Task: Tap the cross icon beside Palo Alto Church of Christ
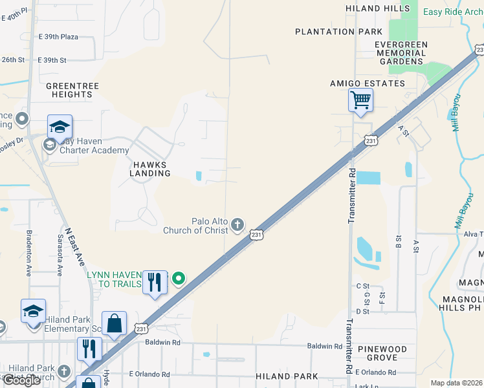click(238, 224)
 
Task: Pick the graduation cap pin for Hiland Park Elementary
click(33, 311)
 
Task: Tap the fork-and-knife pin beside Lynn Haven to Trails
click(155, 283)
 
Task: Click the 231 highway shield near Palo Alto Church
click(257, 235)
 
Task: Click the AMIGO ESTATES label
click(368, 83)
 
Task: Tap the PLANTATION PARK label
click(334, 32)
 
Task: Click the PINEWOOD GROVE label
click(387, 353)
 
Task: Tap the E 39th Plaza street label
click(58, 37)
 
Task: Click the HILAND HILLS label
click(378, 8)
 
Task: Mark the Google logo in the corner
click(21, 380)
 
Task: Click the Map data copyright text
click(457, 383)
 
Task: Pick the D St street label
click(362, 311)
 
